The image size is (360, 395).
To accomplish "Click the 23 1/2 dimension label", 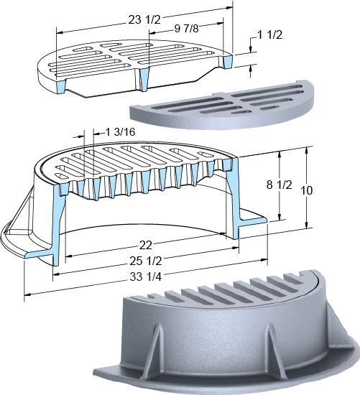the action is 144,19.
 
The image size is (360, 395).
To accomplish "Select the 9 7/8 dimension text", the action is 187,29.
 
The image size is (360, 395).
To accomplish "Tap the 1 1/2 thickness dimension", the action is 269,35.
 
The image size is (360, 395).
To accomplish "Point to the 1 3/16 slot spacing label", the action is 120,131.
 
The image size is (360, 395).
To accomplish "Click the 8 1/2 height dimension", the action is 279,185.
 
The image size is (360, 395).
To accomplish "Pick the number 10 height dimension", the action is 307,190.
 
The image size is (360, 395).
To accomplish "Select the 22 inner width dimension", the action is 146,245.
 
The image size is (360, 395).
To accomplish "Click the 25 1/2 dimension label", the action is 146,261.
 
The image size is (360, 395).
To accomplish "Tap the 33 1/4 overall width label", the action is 146,276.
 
